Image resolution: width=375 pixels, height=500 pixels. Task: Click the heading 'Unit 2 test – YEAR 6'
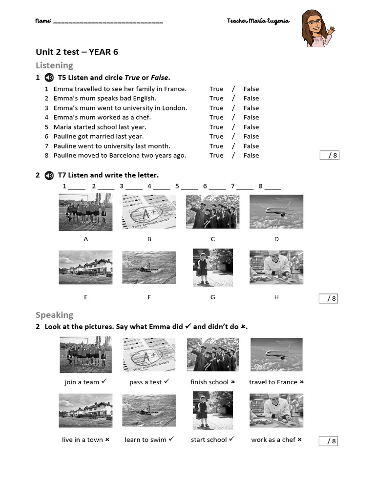[x=77, y=52]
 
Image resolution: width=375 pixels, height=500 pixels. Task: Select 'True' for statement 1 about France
[x=216, y=89]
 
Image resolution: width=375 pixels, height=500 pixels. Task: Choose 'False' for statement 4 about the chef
[x=251, y=117]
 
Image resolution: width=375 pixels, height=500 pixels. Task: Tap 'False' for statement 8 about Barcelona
[x=251, y=155]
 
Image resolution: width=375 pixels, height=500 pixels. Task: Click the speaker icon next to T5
[x=49, y=77]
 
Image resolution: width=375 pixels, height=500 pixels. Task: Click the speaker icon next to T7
[x=49, y=175]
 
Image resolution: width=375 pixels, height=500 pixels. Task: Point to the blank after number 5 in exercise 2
[x=189, y=187]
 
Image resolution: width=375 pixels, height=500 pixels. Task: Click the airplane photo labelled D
[x=276, y=211]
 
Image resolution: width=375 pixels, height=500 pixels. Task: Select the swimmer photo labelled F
[x=149, y=268]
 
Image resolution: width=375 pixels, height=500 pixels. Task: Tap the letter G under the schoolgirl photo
[x=212, y=297]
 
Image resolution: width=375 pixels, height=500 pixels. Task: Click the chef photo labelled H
[x=276, y=268]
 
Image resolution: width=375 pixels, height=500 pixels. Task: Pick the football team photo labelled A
[x=85, y=211]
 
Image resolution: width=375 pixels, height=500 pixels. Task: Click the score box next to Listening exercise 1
[x=329, y=155]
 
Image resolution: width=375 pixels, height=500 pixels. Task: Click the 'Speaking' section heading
[x=54, y=315]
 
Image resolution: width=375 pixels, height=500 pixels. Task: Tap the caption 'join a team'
[x=82, y=382]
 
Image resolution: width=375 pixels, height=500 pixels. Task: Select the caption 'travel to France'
[x=273, y=382]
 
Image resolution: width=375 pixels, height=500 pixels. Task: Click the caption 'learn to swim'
[x=145, y=439]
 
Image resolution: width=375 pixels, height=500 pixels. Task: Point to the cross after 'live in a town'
[x=107, y=439]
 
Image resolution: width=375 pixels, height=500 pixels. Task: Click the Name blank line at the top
[x=107, y=21]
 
